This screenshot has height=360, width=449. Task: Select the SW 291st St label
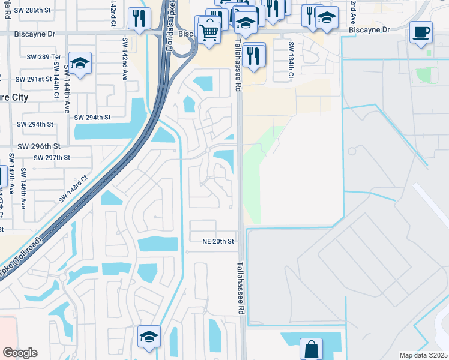tap(34, 79)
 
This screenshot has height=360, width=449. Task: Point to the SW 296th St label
tap(38, 146)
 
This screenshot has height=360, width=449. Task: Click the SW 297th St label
tap(52, 158)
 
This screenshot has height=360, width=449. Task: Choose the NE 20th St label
tap(217, 241)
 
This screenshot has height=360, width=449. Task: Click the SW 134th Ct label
tap(291, 61)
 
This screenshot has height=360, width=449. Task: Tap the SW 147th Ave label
tap(11, 174)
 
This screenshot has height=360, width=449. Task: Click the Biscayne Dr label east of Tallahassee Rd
tap(369, 29)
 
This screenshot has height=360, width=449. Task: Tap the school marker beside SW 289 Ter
tap(79, 62)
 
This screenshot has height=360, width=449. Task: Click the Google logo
tap(20, 353)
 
